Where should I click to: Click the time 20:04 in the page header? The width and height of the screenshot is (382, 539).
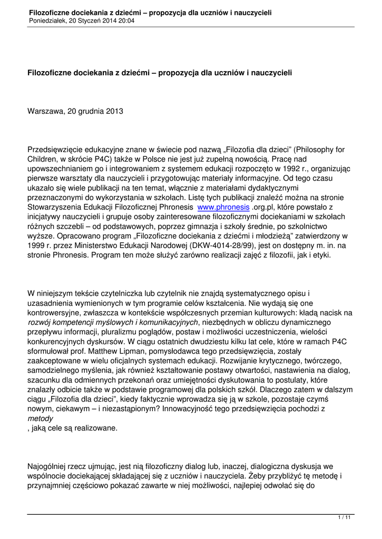[126, 21]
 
